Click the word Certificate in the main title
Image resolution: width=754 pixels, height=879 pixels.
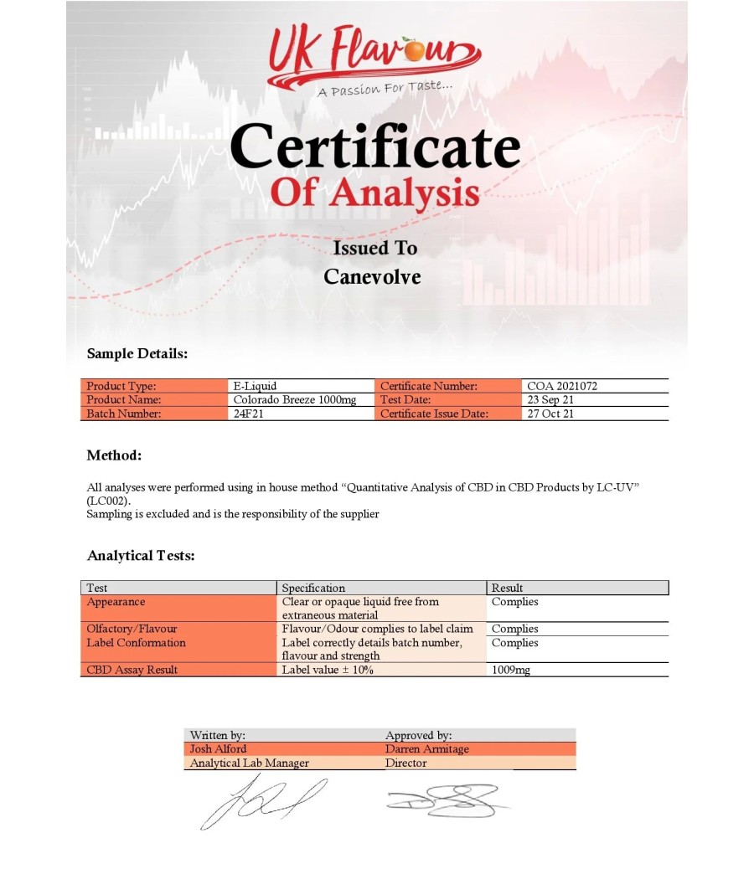(374, 146)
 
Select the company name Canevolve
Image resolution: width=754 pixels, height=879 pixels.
(372, 277)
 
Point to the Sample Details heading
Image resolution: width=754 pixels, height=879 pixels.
(137, 353)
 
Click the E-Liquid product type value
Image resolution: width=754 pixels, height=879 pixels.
(255, 386)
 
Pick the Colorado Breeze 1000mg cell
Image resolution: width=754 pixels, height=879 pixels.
(294, 399)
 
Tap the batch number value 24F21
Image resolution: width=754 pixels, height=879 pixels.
(249, 413)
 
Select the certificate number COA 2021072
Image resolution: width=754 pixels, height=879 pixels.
(562, 386)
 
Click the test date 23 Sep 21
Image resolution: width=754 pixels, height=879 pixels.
(550, 399)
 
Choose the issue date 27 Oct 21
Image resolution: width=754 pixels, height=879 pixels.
(550, 413)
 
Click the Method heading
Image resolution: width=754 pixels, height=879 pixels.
(114, 455)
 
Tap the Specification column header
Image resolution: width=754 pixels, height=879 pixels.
(313, 588)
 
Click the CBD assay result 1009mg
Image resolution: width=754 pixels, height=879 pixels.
(510, 670)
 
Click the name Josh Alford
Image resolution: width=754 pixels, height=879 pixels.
(218, 748)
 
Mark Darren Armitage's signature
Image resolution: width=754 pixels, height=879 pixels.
(444, 801)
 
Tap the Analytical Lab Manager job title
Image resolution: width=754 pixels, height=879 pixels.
(250, 763)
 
